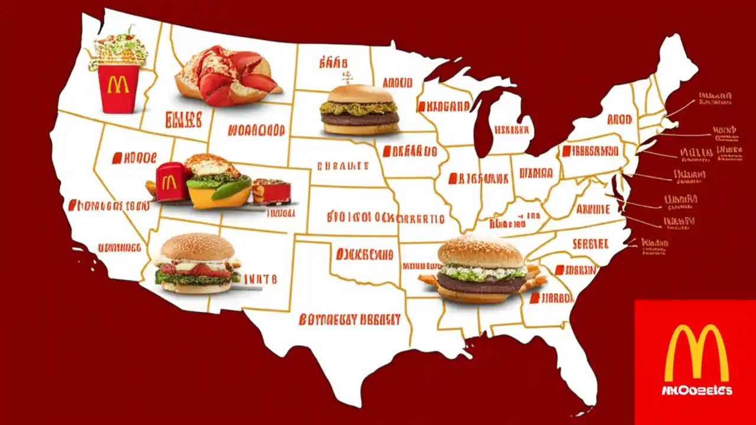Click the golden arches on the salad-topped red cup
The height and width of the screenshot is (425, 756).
click(118, 85)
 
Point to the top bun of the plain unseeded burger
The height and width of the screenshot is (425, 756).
click(360, 94)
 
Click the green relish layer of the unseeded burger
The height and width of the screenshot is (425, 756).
click(359, 107)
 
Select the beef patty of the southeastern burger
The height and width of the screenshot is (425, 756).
click(480, 283)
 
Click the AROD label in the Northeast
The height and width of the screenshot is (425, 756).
click(620, 119)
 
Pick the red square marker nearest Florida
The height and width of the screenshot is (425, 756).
click(534, 299)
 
